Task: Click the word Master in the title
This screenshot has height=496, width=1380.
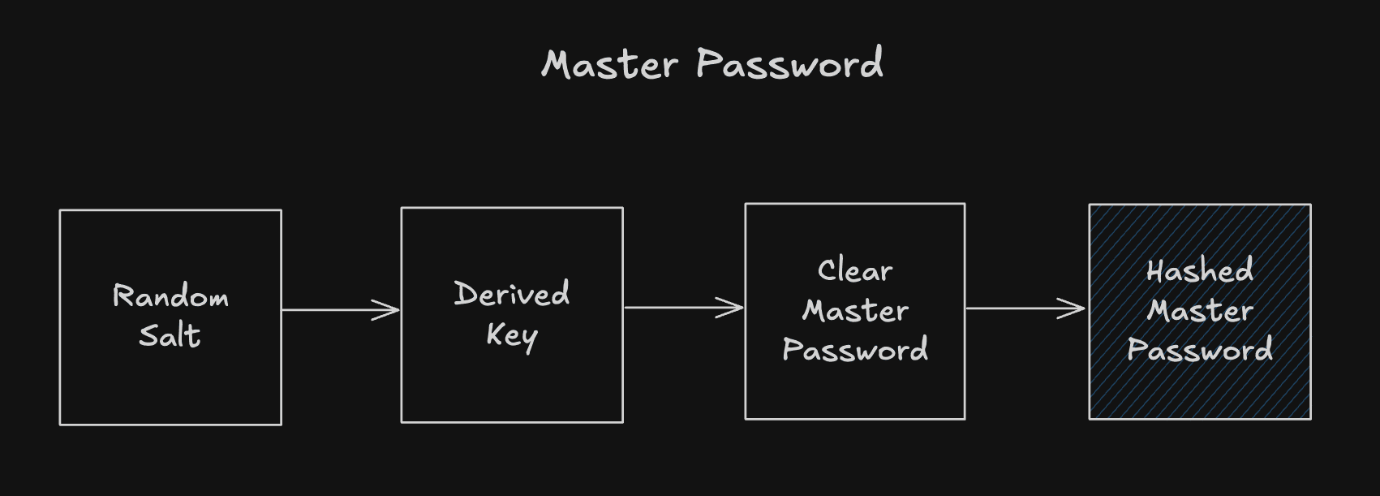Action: click(609, 64)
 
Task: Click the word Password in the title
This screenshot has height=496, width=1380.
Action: click(789, 64)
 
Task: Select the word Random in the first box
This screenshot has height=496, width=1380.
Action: click(170, 296)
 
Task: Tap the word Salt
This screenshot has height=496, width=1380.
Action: click(170, 335)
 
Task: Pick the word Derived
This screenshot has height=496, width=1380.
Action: click(511, 294)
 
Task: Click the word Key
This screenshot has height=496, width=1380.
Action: click(511, 335)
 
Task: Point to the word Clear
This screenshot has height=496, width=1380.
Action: click(855, 270)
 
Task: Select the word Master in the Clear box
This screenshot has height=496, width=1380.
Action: click(855, 310)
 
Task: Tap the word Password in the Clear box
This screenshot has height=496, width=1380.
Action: click(855, 350)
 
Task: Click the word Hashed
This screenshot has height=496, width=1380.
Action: click(1199, 270)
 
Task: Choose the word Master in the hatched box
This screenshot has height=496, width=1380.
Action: click(1199, 310)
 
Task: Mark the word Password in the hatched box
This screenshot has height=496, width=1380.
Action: click(1199, 350)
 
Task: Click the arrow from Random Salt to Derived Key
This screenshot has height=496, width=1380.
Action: click(333, 309)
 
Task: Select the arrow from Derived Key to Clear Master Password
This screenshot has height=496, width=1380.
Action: click(677, 308)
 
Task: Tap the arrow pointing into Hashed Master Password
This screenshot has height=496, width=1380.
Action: click(1018, 308)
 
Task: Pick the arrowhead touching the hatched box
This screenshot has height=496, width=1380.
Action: click(1073, 308)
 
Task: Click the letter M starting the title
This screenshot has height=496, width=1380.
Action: click(559, 65)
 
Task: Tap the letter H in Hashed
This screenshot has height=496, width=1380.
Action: click(1156, 270)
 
